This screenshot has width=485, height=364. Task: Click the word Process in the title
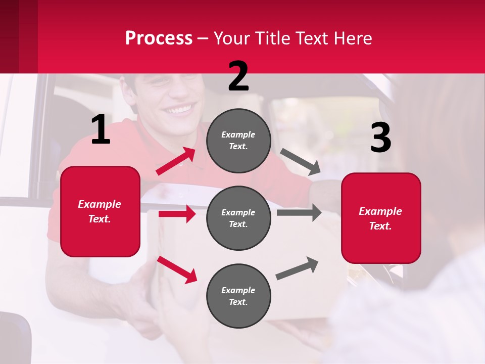[159, 38]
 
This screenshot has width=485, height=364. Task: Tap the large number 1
[101, 130]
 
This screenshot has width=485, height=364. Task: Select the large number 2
[238, 76]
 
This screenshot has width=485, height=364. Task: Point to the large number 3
[380, 138]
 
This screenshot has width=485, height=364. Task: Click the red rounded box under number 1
[100, 211]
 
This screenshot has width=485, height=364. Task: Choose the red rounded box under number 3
[381, 218]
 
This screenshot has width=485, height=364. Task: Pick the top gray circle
[238, 141]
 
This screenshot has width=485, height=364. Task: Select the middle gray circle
[238, 218]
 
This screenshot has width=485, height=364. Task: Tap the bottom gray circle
[238, 296]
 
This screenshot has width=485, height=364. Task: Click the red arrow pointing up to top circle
[176, 161]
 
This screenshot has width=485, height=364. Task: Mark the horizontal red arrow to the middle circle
[177, 214]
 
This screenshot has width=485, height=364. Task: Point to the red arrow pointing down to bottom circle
[177, 269]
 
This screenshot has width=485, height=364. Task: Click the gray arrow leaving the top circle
[301, 162]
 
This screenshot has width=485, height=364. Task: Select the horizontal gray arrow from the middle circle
[299, 212]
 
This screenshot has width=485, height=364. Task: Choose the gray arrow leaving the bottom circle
[298, 268]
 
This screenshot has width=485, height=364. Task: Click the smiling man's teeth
[180, 109]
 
